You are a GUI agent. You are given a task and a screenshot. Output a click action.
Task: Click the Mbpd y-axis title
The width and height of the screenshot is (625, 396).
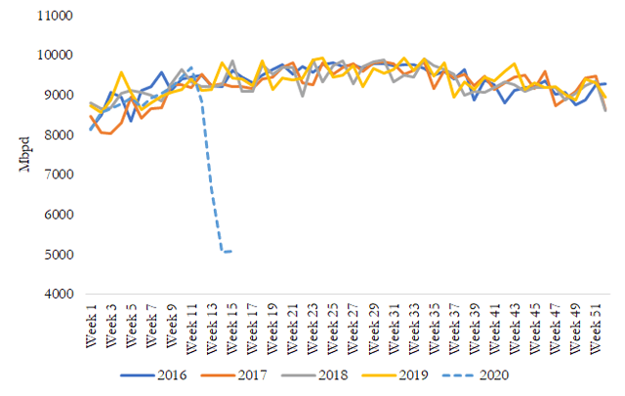point(23,156)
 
